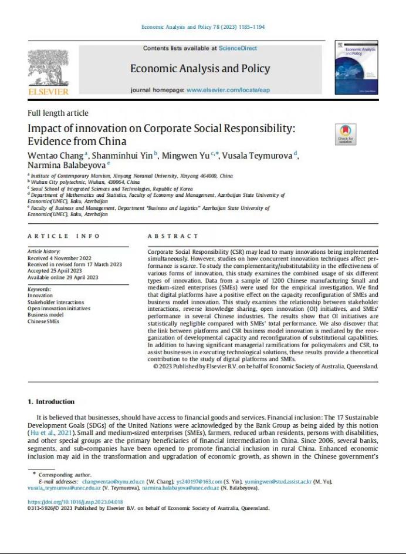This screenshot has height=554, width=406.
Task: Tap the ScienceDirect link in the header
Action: click(x=238, y=48)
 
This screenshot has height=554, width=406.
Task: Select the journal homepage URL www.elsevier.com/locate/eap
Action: click(x=228, y=90)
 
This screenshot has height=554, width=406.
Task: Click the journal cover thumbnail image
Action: click(x=356, y=68)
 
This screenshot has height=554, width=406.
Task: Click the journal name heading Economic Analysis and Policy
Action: click(x=200, y=69)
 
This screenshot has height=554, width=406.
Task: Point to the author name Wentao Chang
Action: click(x=56, y=155)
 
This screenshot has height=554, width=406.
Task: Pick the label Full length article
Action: click(x=58, y=113)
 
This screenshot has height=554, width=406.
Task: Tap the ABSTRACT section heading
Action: click(x=173, y=236)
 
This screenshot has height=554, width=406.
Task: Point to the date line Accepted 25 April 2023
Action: click(x=55, y=271)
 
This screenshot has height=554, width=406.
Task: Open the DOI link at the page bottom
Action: click(x=76, y=502)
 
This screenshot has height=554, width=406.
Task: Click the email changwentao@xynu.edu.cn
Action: click(x=113, y=482)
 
